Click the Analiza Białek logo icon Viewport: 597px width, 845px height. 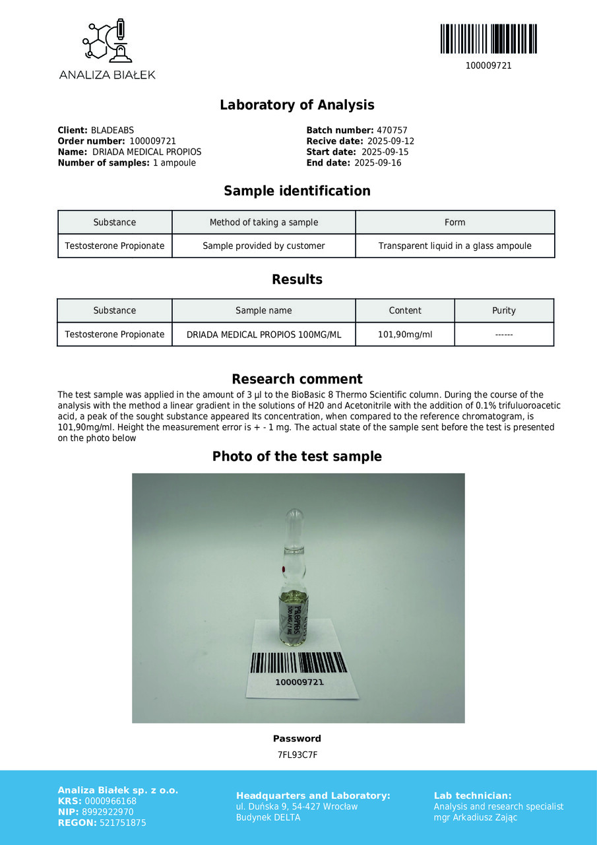(x=107, y=42)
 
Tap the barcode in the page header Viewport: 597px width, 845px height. (x=488, y=39)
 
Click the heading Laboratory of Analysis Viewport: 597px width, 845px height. (x=297, y=105)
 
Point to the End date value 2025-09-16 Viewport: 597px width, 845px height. (x=378, y=163)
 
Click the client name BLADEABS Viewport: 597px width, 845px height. (x=112, y=131)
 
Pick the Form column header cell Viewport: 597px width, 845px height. (x=455, y=222)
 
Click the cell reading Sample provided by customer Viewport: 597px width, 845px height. (x=263, y=246)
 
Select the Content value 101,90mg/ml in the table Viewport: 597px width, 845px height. (x=405, y=335)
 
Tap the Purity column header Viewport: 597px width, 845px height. (x=504, y=311)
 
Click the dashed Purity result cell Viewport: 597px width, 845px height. (x=504, y=335)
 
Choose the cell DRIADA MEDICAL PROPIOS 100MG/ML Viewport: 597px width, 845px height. (x=264, y=335)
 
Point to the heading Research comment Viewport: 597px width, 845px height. (x=297, y=379)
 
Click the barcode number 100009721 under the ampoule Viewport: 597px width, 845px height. (x=299, y=682)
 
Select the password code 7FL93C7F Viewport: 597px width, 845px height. (x=297, y=755)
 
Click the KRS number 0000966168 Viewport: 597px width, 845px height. (x=111, y=801)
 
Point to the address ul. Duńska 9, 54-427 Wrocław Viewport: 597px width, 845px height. (x=297, y=807)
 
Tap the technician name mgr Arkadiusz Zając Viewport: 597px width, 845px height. (x=475, y=818)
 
